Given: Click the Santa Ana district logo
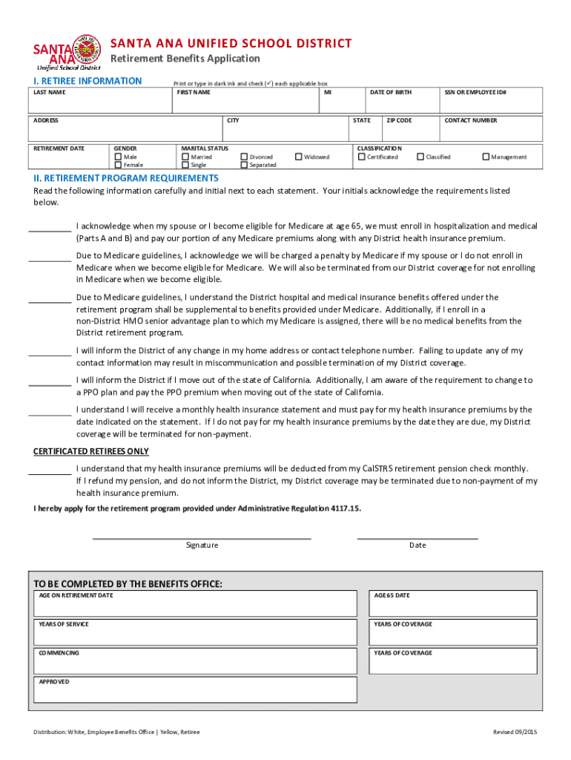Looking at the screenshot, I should click(x=67, y=51).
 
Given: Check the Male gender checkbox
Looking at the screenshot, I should click(x=118, y=157).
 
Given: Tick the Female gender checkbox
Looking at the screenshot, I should click(x=118, y=165).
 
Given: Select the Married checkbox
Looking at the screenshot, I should click(x=185, y=157).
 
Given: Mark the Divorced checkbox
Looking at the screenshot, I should click(x=244, y=157).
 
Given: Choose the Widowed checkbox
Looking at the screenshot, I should click(x=299, y=157).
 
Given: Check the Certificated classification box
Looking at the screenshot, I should click(x=361, y=157).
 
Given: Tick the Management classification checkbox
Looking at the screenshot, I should click(x=486, y=157).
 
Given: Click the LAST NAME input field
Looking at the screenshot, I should click(x=100, y=104).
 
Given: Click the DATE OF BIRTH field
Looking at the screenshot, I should click(x=400, y=104).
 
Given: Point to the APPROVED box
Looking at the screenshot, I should click(x=195, y=691).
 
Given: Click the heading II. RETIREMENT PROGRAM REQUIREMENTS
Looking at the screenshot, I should click(x=126, y=178).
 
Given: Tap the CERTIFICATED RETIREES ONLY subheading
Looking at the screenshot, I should click(x=91, y=451).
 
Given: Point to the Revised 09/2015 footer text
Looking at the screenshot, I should click(x=515, y=733).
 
